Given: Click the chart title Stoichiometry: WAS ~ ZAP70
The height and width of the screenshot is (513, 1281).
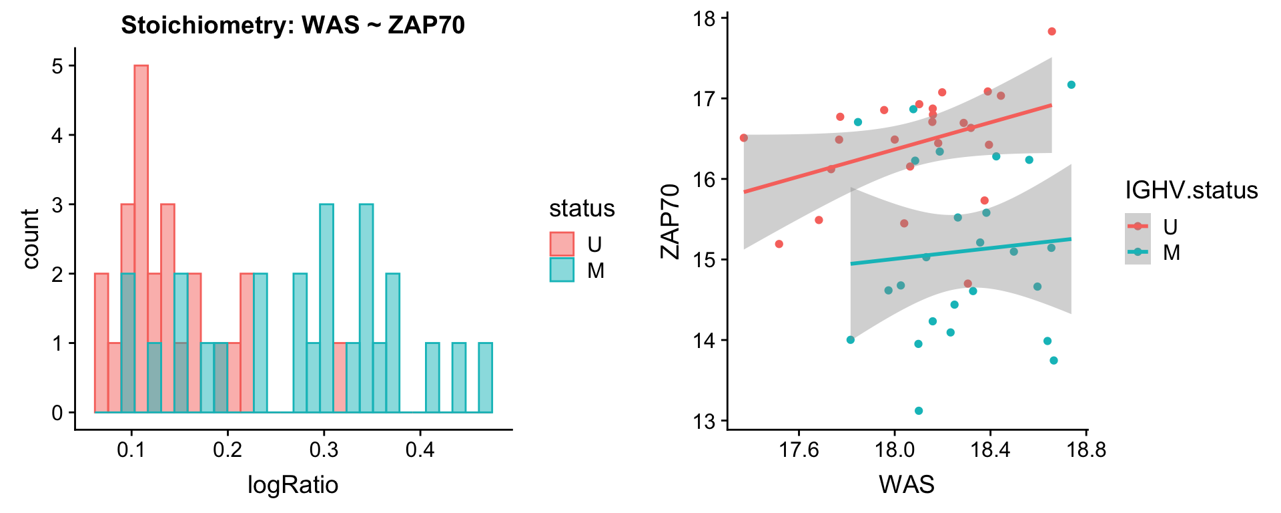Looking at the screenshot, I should point(293,25).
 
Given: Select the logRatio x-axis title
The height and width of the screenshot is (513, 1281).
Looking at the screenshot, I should point(293,484).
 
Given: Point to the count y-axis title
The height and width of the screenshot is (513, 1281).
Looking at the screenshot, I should point(31,239).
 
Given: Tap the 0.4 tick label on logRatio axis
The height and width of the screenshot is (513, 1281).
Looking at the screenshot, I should point(420,450).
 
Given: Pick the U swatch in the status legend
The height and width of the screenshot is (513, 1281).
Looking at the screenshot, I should point(562,244).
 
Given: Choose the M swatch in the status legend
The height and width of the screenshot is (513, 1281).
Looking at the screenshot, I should point(562,270).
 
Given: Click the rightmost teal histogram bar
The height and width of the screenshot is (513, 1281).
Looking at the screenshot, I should point(485,378).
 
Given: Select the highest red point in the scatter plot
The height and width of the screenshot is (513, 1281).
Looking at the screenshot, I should point(1051,31).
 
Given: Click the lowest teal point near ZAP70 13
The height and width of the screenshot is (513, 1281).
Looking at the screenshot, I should point(919,411).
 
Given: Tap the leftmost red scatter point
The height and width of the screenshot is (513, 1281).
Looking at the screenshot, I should point(744,138).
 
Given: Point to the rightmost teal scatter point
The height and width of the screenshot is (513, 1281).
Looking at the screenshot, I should point(1071,85).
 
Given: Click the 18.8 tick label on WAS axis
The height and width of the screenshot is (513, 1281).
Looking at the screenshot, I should point(1086,450).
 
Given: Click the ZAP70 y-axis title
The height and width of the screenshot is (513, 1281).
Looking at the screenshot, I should point(670,221).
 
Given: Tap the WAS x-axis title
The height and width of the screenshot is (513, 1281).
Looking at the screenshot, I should point(907,484).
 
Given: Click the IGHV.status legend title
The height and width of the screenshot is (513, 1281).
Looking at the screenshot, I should point(1191,190).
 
